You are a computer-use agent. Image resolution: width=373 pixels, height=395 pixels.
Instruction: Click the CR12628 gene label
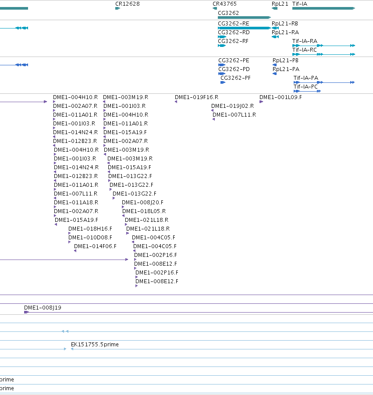tap(128, 4)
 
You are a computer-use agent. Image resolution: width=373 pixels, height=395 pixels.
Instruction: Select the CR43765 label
tap(225, 4)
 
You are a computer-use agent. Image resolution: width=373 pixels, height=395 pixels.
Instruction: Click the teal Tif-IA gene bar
tap(323, 8)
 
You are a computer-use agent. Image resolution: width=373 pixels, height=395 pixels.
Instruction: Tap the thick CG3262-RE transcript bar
tap(244, 28)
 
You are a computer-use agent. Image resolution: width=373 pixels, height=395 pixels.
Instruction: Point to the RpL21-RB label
tap(285, 24)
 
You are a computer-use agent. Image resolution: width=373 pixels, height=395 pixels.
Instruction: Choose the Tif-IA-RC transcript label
tap(305, 50)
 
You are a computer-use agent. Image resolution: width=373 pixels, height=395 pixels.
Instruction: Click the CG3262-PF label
tap(235, 78)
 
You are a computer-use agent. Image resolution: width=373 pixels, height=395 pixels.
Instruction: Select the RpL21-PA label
tap(286, 69)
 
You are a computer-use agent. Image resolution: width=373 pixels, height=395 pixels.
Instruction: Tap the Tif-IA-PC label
tap(306, 87)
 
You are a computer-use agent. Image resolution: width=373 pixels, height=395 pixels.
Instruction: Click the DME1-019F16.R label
tap(197, 97)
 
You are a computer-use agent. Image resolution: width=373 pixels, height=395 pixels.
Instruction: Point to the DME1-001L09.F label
tap(281, 97)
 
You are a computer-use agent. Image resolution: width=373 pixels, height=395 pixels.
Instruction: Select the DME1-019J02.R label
tap(232, 106)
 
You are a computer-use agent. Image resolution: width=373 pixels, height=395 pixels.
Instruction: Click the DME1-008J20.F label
tap(142, 203)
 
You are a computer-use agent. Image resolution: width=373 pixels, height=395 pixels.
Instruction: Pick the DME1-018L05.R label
tap(144, 211)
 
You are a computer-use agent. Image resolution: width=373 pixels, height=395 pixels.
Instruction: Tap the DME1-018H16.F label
tap(90, 229)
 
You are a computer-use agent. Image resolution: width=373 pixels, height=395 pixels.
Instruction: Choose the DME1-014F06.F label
tap(95, 246)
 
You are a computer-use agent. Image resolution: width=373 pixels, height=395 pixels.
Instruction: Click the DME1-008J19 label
tap(43, 308)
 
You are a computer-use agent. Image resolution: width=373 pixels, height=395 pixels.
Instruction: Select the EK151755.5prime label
tap(95, 345)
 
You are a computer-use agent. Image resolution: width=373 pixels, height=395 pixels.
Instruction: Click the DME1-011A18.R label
tap(76, 203)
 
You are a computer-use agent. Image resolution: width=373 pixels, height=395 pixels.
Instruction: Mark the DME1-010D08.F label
tap(90, 238)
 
